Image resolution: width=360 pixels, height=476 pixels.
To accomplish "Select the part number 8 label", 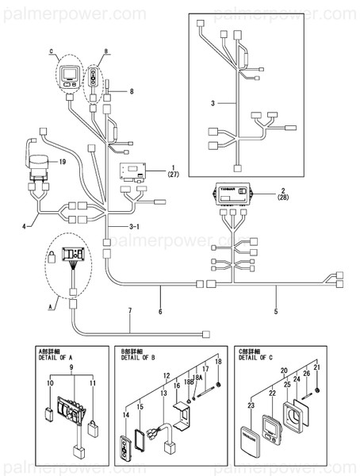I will pyautogui.click(x=132, y=91).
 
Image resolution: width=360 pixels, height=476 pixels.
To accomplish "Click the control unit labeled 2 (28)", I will pyautogui.click(x=233, y=195).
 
